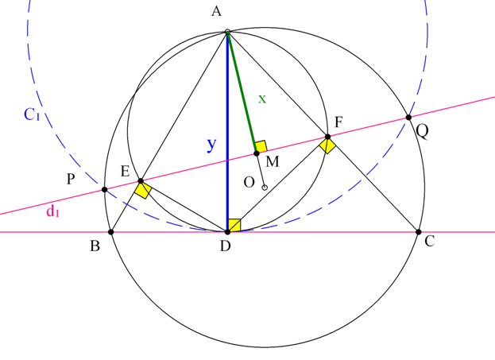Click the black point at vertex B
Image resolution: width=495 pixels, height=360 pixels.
click(110, 232)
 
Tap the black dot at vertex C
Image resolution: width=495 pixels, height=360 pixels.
click(419, 232)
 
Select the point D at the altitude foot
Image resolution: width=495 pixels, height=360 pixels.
click(227, 232)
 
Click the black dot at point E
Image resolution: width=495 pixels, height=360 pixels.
click(141, 181)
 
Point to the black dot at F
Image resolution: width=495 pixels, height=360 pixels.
click(327, 137)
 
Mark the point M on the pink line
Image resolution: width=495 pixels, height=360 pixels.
click(257, 153)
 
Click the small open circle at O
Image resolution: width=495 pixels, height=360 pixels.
click(265, 188)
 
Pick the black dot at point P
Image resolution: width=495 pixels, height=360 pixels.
click(105, 190)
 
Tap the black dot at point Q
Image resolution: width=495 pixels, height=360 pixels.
click(408, 118)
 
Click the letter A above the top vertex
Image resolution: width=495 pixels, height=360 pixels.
click(217, 12)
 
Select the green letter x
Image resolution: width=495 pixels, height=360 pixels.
click(262, 99)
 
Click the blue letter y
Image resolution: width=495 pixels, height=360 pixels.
click(212, 145)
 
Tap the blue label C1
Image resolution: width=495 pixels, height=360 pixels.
click(32, 114)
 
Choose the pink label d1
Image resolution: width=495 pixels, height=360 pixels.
click(52, 211)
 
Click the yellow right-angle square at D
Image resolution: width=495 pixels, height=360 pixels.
click(234, 226)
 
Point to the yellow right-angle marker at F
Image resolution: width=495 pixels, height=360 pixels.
click(327, 146)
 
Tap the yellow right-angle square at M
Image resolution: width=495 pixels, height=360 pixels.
click(261, 146)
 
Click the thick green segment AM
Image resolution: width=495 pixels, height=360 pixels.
click(242, 92)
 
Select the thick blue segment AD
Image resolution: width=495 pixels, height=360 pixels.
click(227, 132)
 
